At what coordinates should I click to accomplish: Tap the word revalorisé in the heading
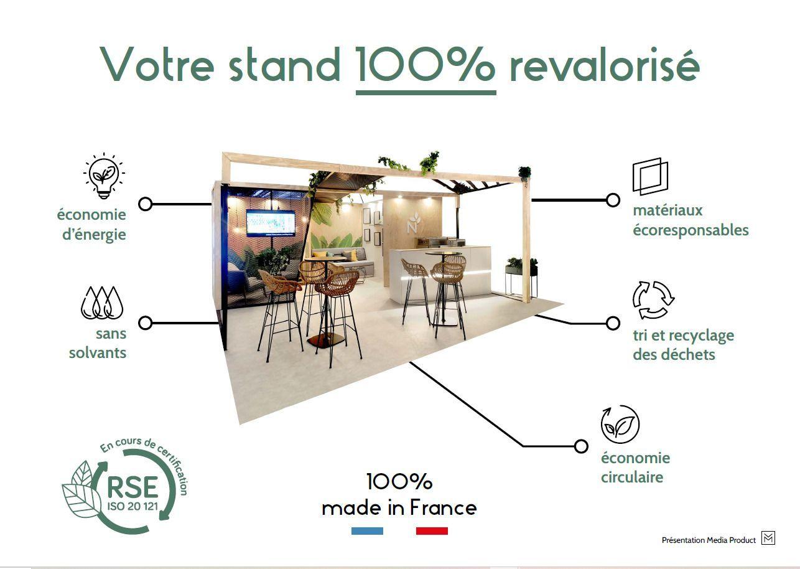pyautogui.click(x=604, y=64)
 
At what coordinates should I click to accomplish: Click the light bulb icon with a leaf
pyautogui.click(x=104, y=176)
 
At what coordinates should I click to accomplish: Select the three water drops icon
pyautogui.click(x=102, y=303)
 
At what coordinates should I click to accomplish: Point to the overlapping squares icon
pyautogui.click(x=650, y=176)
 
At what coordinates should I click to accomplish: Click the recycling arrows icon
pyautogui.click(x=653, y=299)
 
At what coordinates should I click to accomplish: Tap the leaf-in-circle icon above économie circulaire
pyautogui.click(x=620, y=424)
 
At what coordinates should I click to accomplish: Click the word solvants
pyautogui.click(x=98, y=353)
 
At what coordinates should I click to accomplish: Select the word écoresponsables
pyautogui.click(x=691, y=230)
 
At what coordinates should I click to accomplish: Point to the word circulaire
pyautogui.click(x=632, y=477)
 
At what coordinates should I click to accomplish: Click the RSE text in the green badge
pyautogui.click(x=133, y=487)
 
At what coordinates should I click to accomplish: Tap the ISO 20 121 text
pyautogui.click(x=133, y=506)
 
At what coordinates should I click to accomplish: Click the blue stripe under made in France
pyautogui.click(x=367, y=531)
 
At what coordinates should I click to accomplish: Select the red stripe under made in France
pyautogui.click(x=432, y=531)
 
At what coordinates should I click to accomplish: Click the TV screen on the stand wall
pyautogui.click(x=271, y=223)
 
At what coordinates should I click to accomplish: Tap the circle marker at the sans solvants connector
pyautogui.click(x=145, y=323)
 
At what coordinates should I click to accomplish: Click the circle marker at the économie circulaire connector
pyautogui.click(x=581, y=446)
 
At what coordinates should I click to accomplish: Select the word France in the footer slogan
pyautogui.click(x=443, y=507)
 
